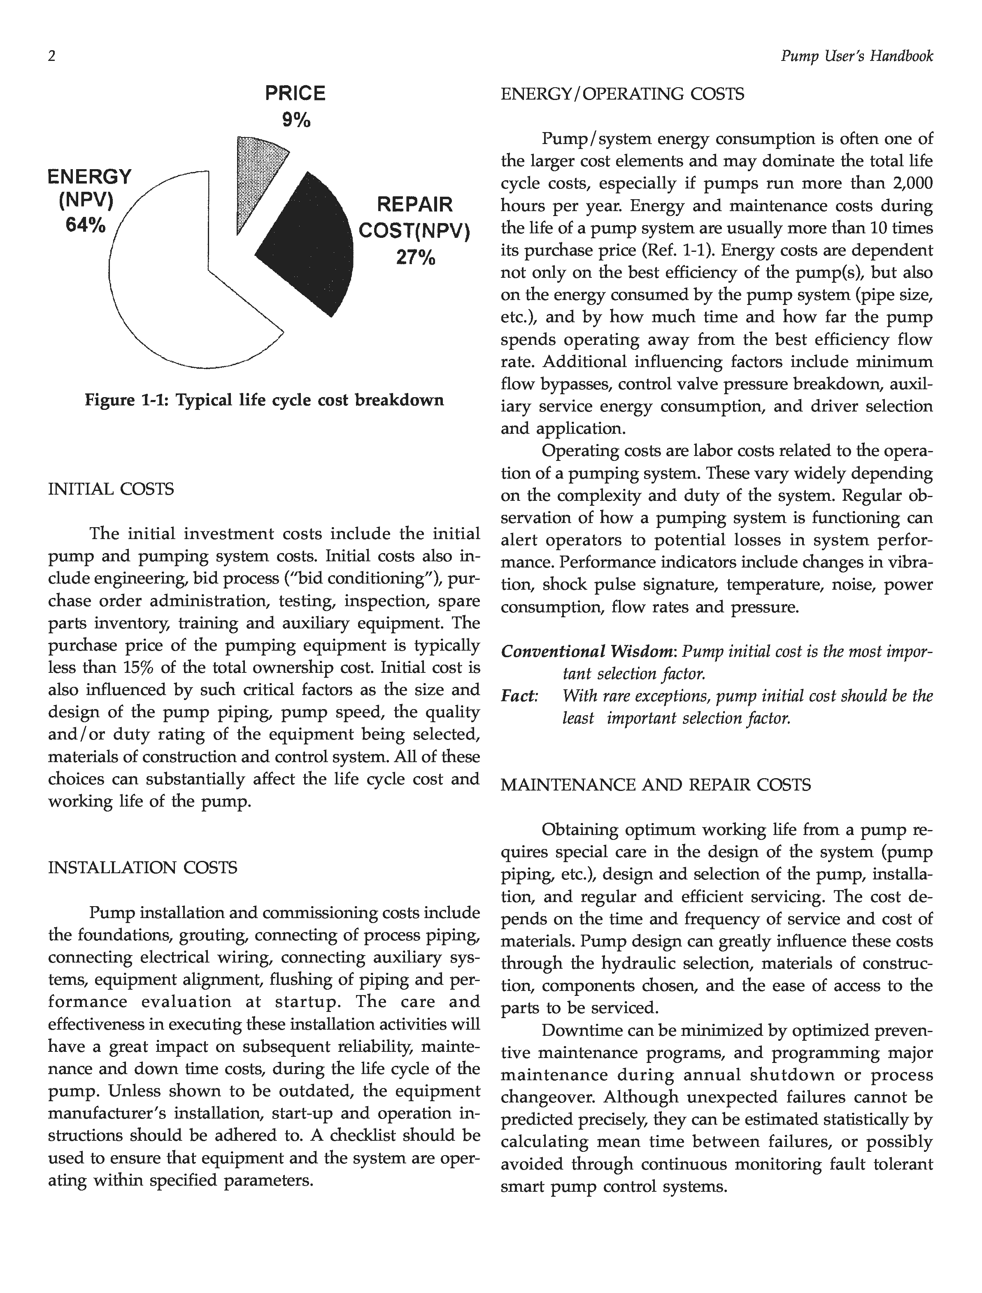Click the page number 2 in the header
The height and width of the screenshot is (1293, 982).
click(x=52, y=57)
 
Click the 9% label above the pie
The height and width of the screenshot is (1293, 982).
click(x=296, y=121)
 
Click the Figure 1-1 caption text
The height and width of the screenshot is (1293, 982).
click(x=264, y=400)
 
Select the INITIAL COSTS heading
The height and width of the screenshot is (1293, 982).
click(x=111, y=489)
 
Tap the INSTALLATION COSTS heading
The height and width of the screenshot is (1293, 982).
click(x=143, y=868)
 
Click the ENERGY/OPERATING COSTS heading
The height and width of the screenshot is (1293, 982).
click(x=623, y=94)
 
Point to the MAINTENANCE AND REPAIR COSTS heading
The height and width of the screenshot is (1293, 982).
click(x=656, y=785)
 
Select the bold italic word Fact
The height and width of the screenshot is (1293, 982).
click(x=519, y=696)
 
